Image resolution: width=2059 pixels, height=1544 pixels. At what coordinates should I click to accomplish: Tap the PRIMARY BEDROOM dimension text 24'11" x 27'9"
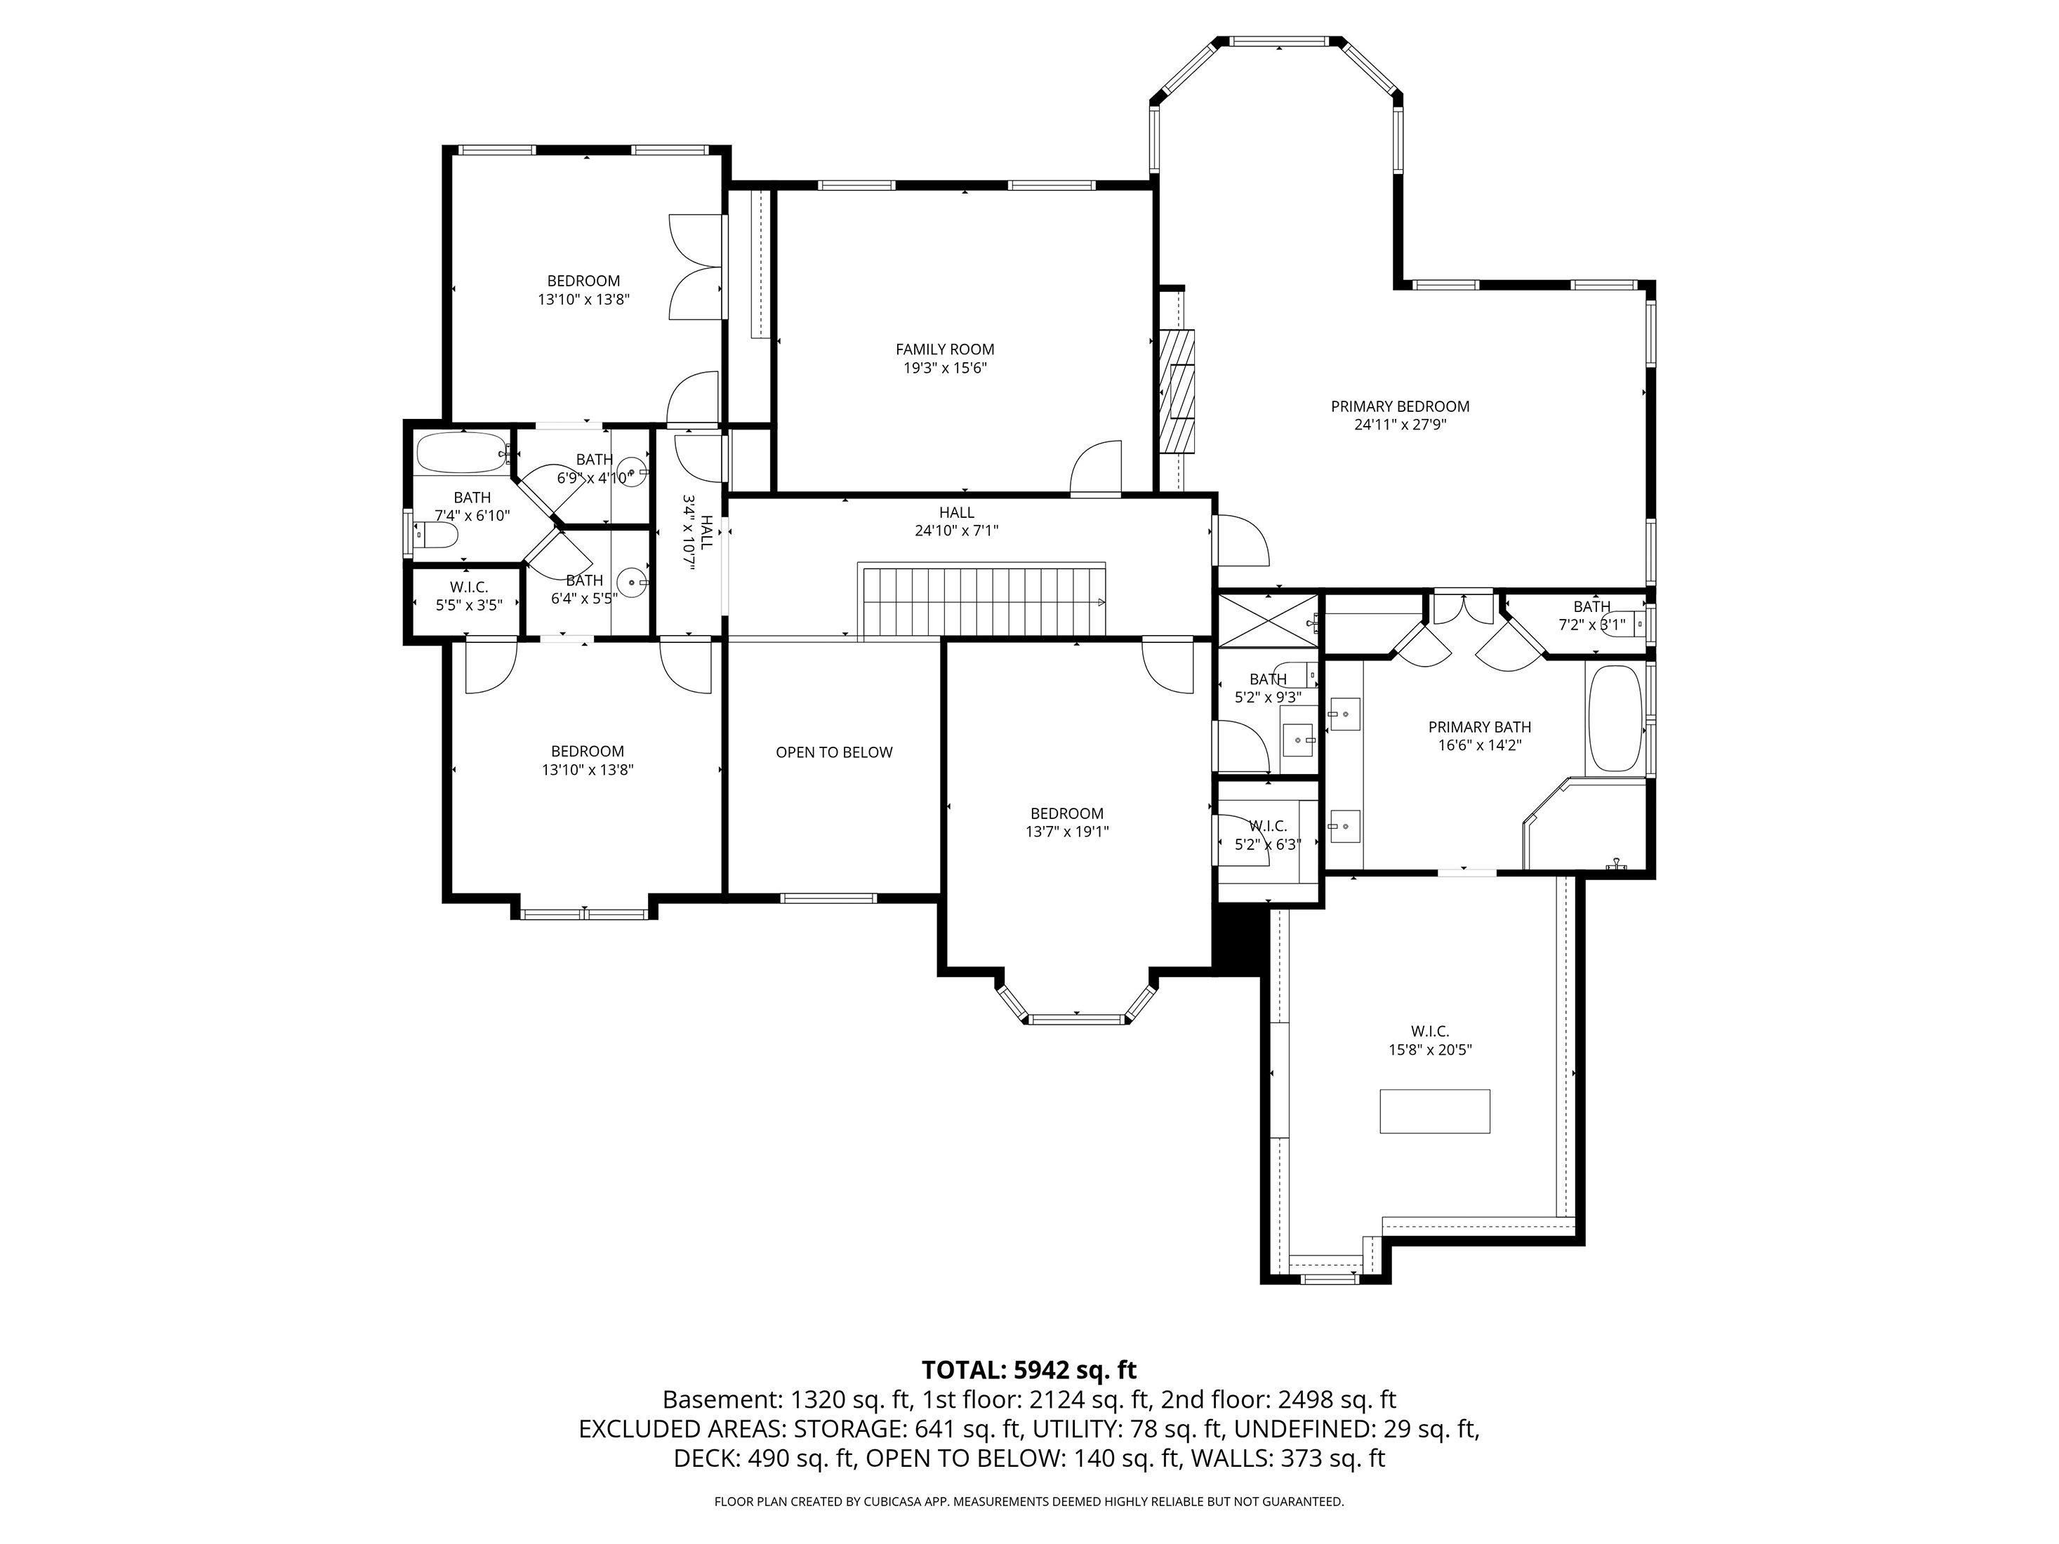(x=1400, y=425)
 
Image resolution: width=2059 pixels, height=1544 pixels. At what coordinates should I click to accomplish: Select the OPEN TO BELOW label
(x=834, y=752)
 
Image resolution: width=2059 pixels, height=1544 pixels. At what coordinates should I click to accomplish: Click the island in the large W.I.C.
(x=1434, y=1111)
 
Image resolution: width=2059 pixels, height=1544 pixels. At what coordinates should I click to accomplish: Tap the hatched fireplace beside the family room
(x=1177, y=391)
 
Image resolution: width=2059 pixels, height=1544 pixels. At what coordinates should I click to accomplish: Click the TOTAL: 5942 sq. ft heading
(x=1028, y=1370)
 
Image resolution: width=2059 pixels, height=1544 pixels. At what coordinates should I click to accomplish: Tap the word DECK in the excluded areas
(x=708, y=1458)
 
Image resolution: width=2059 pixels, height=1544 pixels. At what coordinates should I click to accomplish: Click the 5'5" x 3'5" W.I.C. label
(x=469, y=596)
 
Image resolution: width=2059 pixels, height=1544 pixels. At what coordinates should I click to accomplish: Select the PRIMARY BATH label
(x=1479, y=727)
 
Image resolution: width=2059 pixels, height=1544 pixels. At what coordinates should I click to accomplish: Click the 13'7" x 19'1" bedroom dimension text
(x=1067, y=831)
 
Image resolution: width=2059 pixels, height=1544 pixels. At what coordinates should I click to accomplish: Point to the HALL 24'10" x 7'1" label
(x=957, y=521)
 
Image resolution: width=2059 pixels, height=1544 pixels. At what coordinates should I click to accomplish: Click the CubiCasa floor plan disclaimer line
(x=1028, y=1501)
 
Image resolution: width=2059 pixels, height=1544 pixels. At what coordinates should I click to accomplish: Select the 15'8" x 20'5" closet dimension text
(x=1430, y=1050)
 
